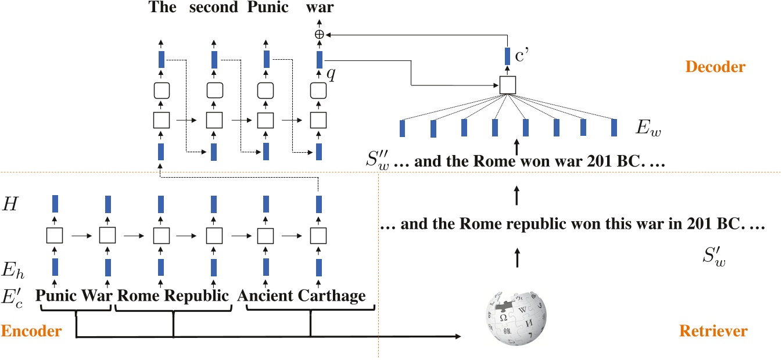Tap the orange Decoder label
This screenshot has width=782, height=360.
715,67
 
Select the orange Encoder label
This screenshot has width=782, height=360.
31,332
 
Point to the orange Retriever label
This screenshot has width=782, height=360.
713,332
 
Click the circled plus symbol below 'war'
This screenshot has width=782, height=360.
318,34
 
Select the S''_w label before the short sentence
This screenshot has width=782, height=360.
379,162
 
